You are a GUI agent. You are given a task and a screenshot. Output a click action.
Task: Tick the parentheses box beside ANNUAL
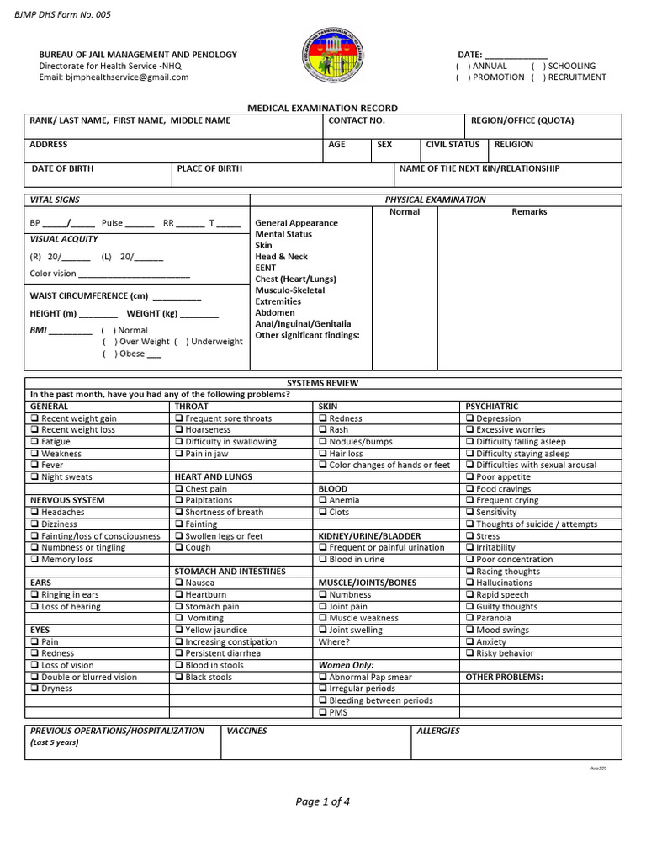(x=462, y=66)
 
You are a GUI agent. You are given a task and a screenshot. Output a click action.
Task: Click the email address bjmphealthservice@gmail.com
(x=114, y=77)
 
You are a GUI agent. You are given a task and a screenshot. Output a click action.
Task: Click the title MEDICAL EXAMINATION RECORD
(x=322, y=109)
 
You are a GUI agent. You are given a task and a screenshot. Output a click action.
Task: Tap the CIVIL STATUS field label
(x=453, y=145)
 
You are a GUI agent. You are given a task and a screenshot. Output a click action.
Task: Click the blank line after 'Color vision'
(x=134, y=274)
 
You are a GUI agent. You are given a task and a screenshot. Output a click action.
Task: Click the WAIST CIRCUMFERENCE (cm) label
(x=89, y=295)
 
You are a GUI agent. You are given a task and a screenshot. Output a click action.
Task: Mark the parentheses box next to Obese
(x=109, y=354)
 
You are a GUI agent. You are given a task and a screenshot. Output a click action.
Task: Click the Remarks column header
(x=529, y=212)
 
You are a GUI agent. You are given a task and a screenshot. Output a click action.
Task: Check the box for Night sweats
(x=34, y=477)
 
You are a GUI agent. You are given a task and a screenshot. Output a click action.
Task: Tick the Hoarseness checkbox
(x=179, y=430)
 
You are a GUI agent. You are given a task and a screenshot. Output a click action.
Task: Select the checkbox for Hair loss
(x=323, y=454)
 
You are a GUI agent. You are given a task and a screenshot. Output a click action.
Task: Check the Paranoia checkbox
(x=470, y=618)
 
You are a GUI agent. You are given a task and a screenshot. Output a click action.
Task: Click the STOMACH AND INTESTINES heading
(x=230, y=572)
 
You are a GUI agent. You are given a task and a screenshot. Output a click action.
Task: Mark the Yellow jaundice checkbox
(x=179, y=630)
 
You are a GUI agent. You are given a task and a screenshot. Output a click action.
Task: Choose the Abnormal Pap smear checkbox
(x=323, y=677)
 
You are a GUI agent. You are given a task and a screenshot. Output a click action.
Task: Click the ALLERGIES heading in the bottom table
(x=438, y=731)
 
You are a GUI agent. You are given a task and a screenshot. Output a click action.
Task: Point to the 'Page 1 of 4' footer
(x=323, y=801)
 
